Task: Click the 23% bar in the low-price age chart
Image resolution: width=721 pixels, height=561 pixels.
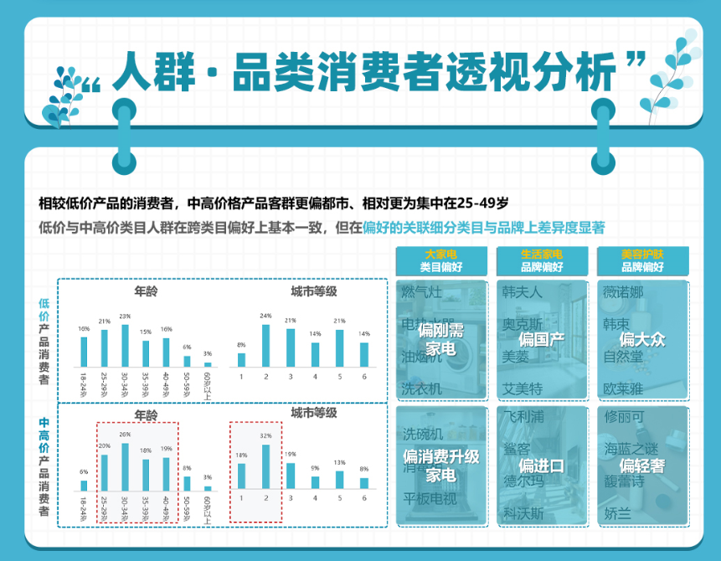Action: pyautogui.click(x=125, y=345)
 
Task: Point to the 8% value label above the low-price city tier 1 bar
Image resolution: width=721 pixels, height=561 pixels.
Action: pyautogui.click(x=241, y=345)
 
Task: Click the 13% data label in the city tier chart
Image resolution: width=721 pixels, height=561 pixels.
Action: pyautogui.click(x=339, y=462)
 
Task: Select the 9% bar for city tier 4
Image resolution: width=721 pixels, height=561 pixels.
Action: pyautogui.click(x=315, y=482)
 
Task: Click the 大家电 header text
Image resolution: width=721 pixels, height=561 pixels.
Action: pyautogui.click(x=440, y=254)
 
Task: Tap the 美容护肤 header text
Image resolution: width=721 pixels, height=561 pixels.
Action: pyautogui.click(x=641, y=254)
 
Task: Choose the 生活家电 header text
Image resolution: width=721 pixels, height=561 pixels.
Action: pyautogui.click(x=541, y=254)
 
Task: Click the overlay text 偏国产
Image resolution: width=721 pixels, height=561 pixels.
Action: pyautogui.click(x=542, y=339)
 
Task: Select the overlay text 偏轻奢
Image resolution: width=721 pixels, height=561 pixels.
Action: pyautogui.click(x=641, y=465)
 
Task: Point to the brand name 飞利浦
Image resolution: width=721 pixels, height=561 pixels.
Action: pyautogui.click(x=524, y=416)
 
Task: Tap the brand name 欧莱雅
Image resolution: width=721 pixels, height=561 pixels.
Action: pyautogui.click(x=625, y=389)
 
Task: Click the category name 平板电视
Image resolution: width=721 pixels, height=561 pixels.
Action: pyautogui.click(x=430, y=500)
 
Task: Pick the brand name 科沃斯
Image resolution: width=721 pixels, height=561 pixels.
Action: pyautogui.click(x=524, y=512)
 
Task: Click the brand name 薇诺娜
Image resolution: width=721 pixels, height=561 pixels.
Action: pyautogui.click(x=625, y=292)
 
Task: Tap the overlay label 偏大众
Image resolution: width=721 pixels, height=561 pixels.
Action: pyautogui.click(x=642, y=339)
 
